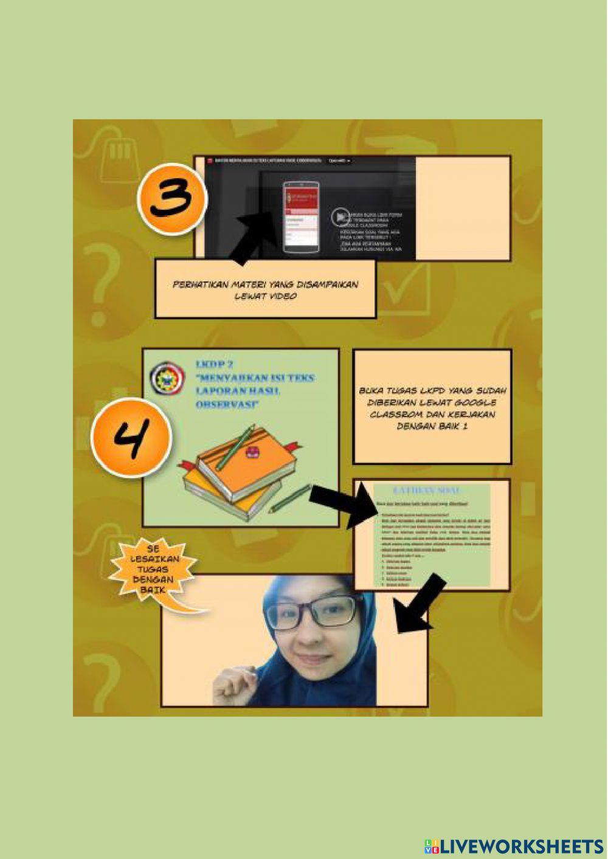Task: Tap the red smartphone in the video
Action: point(301,216)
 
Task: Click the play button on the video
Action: point(340,216)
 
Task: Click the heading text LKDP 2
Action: point(214,364)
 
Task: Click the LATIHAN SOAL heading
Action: point(427,491)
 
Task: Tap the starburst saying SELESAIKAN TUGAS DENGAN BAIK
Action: point(153,570)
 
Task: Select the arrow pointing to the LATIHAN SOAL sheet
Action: point(340,505)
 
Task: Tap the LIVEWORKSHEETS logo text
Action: point(514,846)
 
